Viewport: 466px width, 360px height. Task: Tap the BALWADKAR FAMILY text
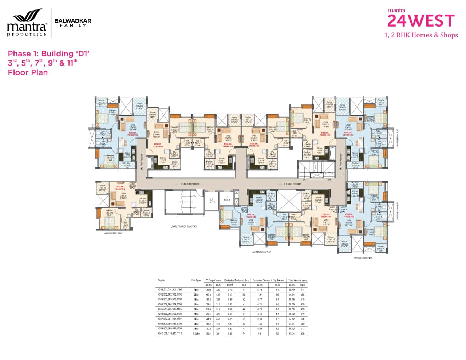(72, 23)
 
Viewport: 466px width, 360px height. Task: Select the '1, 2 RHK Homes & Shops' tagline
(421, 35)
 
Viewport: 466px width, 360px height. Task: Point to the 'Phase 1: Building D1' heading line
(48, 54)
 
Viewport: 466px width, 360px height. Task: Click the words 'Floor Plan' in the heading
(28, 72)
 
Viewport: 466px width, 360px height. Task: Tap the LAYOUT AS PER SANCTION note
(184, 226)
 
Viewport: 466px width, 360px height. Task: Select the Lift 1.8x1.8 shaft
(227, 199)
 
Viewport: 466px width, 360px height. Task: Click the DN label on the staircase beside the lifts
(195, 196)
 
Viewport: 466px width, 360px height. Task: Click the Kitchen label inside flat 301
(142, 199)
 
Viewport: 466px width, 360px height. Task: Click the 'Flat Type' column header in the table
(196, 280)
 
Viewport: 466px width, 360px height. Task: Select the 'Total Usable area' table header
(297, 280)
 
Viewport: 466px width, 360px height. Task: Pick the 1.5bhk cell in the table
(196, 333)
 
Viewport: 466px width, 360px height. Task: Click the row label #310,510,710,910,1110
(169, 333)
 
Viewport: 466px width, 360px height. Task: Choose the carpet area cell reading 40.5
(209, 294)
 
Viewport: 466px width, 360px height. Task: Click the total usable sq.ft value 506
(303, 333)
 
